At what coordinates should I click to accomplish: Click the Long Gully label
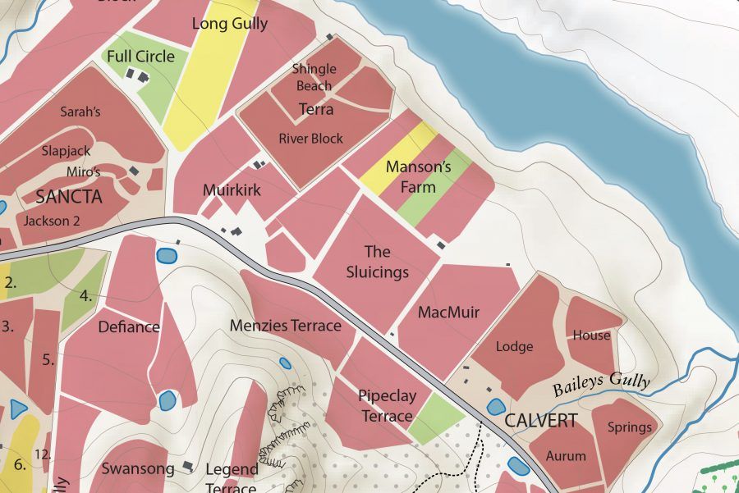230,24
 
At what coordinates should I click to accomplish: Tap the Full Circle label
140,57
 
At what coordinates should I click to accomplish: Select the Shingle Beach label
314,78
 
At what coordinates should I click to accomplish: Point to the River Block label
311,139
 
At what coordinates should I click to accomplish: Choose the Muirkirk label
232,190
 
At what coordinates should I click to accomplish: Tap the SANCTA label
69,197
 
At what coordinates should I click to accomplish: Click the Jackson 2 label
52,221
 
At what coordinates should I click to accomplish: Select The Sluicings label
378,262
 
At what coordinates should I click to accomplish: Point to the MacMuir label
448,313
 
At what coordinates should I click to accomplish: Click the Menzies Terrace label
285,326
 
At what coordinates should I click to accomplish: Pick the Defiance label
129,327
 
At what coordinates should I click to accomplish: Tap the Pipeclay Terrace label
387,406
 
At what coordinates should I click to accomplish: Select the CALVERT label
541,421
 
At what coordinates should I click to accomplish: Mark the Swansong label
138,469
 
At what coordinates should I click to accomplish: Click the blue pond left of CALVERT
495,407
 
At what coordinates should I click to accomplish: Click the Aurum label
567,456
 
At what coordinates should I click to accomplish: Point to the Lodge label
515,347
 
